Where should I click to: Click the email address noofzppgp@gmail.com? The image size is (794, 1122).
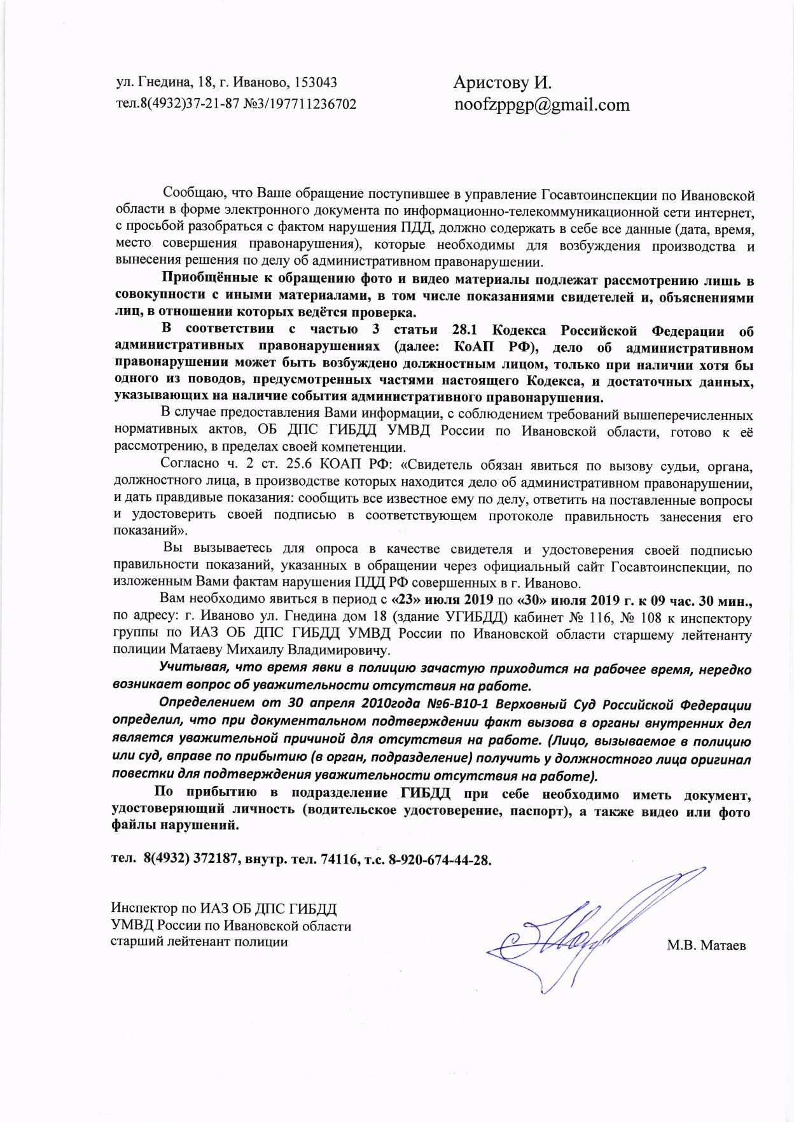[x=541, y=104]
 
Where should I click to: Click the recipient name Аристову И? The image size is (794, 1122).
[x=502, y=82]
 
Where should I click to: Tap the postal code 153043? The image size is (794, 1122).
[x=316, y=83]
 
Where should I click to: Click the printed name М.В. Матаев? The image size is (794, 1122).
[x=706, y=946]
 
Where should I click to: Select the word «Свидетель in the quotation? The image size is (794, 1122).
[x=436, y=466]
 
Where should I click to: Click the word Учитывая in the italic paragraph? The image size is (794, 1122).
[x=190, y=669]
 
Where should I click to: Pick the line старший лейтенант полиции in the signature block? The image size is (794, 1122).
[x=199, y=942]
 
